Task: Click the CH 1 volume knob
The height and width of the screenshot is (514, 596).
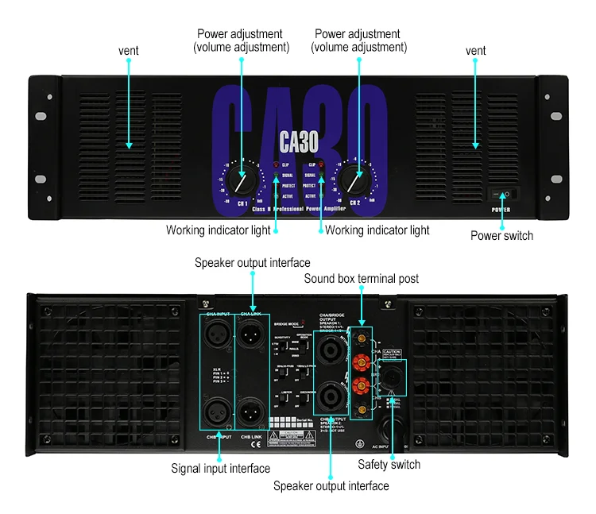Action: [238, 182]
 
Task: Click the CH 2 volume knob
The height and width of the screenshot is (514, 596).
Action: [354, 182]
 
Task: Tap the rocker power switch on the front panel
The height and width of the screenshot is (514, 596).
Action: [502, 194]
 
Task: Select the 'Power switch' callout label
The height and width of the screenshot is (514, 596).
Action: [501, 235]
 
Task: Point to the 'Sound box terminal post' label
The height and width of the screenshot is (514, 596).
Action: [361, 279]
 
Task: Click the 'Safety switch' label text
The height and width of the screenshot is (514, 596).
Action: [389, 464]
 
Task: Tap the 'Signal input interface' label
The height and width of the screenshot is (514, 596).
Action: [220, 469]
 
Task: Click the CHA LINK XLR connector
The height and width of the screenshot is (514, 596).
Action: [253, 336]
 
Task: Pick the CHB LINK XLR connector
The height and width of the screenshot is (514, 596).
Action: [253, 412]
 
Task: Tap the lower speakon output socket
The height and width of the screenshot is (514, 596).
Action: [329, 395]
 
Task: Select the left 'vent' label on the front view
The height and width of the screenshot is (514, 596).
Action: [129, 51]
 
